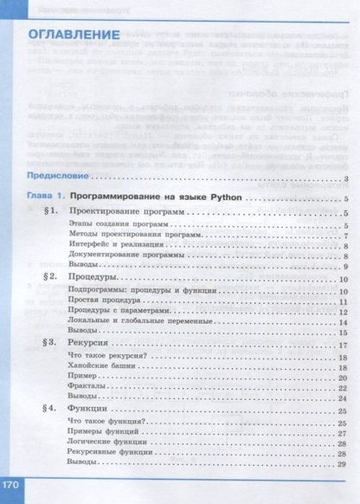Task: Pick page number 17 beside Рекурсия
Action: [343, 346]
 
